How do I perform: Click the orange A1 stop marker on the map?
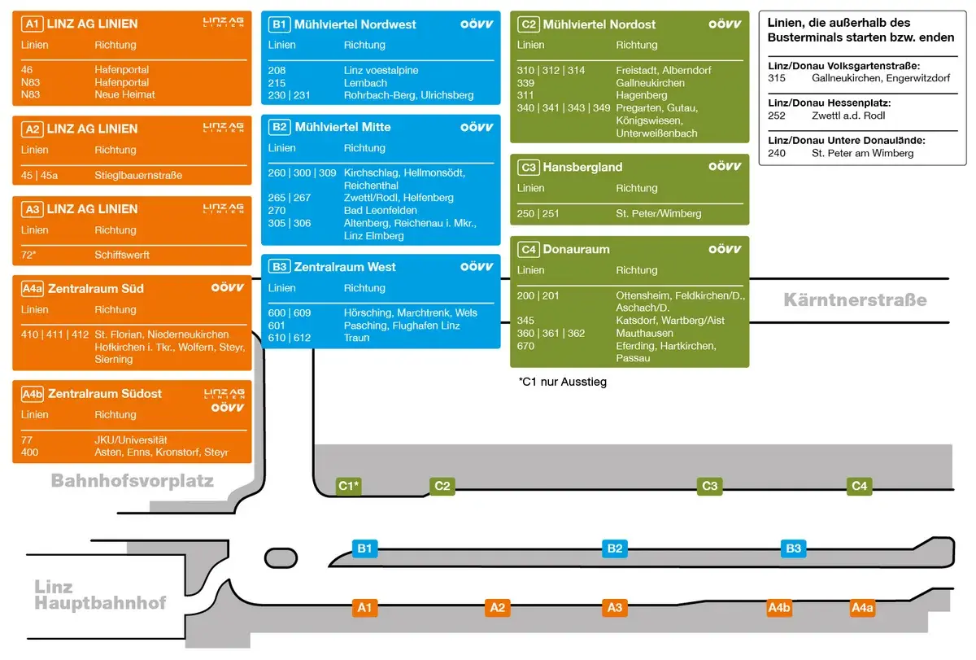click(365, 607)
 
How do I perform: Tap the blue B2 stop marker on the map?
click(615, 549)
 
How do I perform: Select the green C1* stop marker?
click(349, 486)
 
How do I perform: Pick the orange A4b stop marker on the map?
click(779, 607)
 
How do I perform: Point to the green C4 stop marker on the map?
click(860, 486)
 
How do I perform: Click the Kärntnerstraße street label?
click(855, 300)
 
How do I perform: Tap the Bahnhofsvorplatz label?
click(132, 481)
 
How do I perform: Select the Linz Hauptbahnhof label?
click(100, 595)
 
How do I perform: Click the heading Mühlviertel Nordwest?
click(355, 24)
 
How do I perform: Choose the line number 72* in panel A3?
click(29, 255)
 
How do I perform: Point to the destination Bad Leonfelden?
click(381, 211)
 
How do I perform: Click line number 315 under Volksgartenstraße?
click(777, 78)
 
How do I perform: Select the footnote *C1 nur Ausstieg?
click(563, 381)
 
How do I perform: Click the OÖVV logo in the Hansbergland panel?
click(725, 166)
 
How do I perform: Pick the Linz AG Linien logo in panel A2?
click(223, 128)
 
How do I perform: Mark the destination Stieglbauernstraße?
click(138, 175)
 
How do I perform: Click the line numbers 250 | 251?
click(538, 214)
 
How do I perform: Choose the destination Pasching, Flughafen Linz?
click(402, 326)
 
